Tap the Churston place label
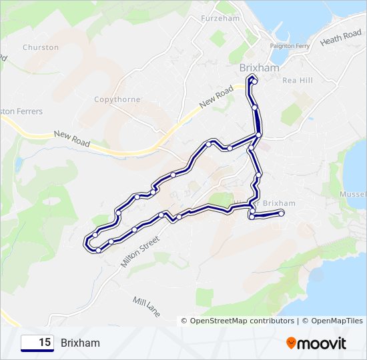41,47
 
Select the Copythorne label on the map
117,99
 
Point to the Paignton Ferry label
290,45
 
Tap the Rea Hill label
298,80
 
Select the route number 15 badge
37,343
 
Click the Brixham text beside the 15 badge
80,343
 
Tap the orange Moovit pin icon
292,343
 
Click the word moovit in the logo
322,343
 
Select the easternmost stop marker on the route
282,213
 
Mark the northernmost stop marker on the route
252,79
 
